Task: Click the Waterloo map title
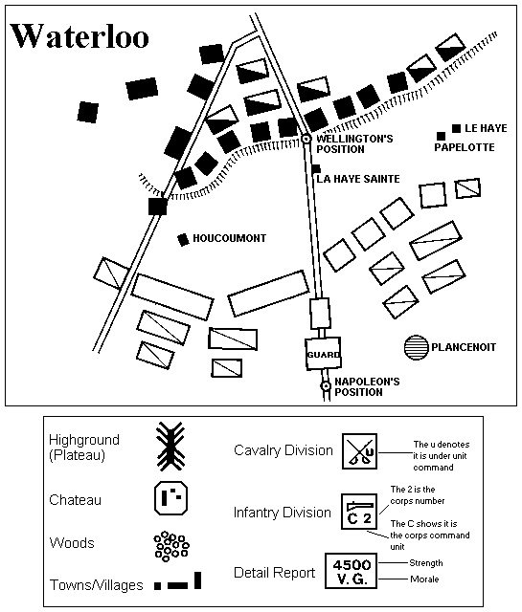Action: point(79,36)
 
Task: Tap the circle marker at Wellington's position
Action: point(306,139)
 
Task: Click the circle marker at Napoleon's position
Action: point(326,386)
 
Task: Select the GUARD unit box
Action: point(323,354)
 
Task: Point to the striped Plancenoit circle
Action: point(416,347)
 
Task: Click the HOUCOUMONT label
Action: point(230,238)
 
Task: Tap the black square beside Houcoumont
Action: point(183,240)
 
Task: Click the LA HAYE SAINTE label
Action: point(358,179)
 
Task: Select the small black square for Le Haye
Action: point(456,128)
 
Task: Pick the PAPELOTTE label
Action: point(465,147)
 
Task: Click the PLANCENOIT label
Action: point(464,347)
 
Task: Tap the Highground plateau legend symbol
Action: point(170,446)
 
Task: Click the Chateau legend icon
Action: point(170,498)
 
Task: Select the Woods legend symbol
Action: point(171,546)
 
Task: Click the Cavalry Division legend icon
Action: point(359,451)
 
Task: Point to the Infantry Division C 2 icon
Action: point(359,512)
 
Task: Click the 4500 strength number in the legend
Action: point(352,564)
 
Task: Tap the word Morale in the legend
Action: point(424,579)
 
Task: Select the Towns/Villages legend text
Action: point(96,585)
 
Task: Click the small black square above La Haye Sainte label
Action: point(316,168)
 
